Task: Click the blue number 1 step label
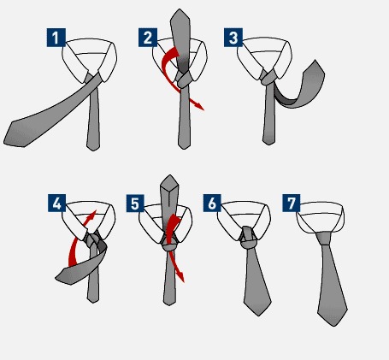[56, 38]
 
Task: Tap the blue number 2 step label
[148, 38]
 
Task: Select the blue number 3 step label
[233, 38]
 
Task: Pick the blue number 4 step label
[57, 203]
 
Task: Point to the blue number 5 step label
[135, 203]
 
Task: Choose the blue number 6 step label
[212, 203]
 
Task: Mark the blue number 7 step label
[292, 203]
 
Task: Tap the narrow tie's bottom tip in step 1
[93, 150]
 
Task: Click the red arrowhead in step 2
[200, 106]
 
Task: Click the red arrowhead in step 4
[93, 214]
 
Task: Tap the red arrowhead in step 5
[181, 278]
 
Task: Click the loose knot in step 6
[248, 238]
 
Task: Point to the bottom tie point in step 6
[258, 316]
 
